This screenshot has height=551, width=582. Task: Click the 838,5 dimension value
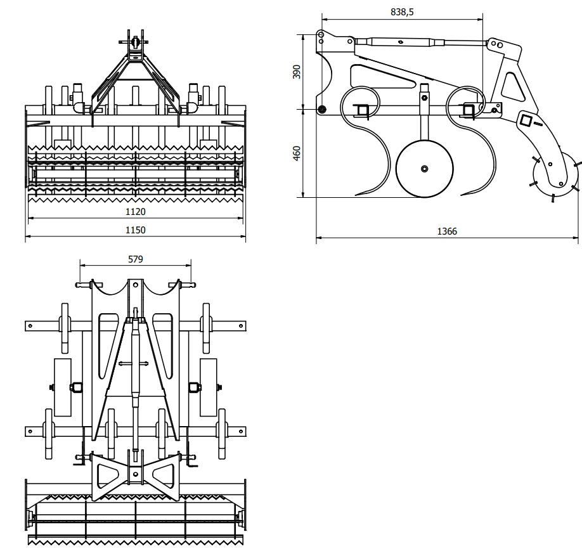point(402,12)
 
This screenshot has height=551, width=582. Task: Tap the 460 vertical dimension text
point(297,153)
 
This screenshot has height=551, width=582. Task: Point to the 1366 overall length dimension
point(447,231)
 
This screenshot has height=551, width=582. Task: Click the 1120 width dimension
point(136,211)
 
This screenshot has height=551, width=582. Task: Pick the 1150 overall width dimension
point(136,230)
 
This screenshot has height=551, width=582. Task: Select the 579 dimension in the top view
point(136,259)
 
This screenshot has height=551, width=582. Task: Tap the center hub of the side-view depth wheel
point(424,169)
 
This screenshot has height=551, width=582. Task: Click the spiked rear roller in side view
point(556,177)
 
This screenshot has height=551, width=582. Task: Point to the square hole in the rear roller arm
point(526,119)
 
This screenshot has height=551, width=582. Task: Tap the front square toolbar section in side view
point(363,110)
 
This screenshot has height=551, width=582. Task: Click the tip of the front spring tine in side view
point(357,194)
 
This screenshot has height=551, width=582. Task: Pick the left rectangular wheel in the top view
point(63,387)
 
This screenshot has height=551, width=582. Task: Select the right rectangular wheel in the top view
point(208,387)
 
